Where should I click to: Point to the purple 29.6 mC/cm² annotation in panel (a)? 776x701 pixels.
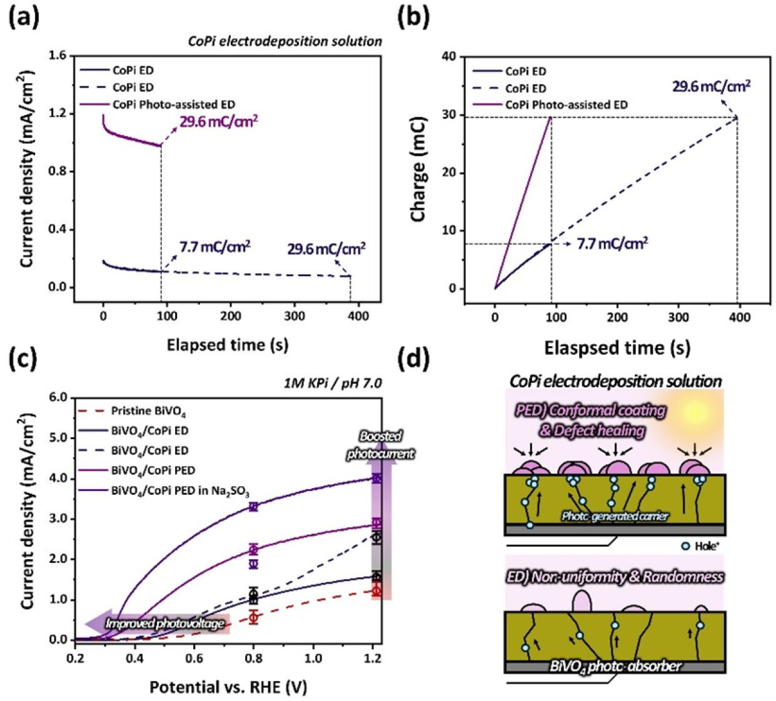[x=218, y=121]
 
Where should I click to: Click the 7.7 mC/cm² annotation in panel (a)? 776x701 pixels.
[x=214, y=247]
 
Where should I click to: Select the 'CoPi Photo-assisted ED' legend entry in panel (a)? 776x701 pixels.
[x=174, y=104]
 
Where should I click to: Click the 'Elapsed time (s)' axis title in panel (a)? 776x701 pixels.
[x=227, y=345]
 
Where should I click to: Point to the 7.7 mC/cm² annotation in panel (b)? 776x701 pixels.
[x=612, y=243]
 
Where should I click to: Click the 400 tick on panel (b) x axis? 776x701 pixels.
[x=740, y=317]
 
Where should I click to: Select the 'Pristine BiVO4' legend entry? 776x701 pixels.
[x=148, y=411]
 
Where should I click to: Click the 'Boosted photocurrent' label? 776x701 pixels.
[x=380, y=445]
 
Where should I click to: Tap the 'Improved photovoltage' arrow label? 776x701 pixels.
[x=164, y=624]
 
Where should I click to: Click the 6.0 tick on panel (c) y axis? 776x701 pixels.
[x=57, y=397]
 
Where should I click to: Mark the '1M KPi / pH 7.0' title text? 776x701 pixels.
[x=332, y=382]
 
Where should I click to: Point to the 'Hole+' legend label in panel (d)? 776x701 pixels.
[x=705, y=546]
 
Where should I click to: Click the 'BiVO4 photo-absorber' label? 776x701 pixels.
[x=615, y=666]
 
